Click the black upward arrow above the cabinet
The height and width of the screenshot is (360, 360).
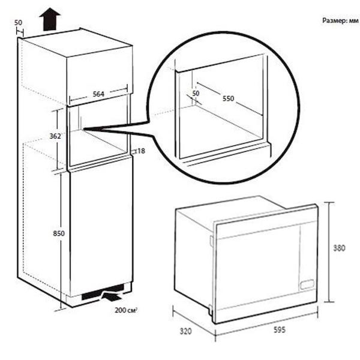(x=50, y=19)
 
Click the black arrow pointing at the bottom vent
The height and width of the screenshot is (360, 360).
(x=112, y=296)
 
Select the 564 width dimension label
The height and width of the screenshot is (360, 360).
(x=98, y=94)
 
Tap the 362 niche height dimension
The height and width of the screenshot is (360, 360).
(x=55, y=136)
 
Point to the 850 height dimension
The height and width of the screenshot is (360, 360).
(x=59, y=233)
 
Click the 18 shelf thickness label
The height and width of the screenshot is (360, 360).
(x=141, y=151)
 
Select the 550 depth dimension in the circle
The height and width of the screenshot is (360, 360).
(x=228, y=98)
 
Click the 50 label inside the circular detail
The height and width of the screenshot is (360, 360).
(x=196, y=94)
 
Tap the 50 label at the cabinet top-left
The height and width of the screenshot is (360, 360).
(x=18, y=23)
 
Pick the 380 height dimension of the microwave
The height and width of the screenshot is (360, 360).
(x=339, y=248)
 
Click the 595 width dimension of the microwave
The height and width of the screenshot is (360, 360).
(x=280, y=330)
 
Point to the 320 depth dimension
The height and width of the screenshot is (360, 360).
(x=185, y=331)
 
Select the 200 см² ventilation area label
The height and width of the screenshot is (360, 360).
(x=126, y=310)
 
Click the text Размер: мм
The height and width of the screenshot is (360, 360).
(x=340, y=20)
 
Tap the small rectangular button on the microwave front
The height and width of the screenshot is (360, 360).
(x=307, y=284)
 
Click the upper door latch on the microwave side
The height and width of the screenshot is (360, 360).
(x=211, y=241)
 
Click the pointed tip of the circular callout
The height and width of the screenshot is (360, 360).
(x=84, y=129)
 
